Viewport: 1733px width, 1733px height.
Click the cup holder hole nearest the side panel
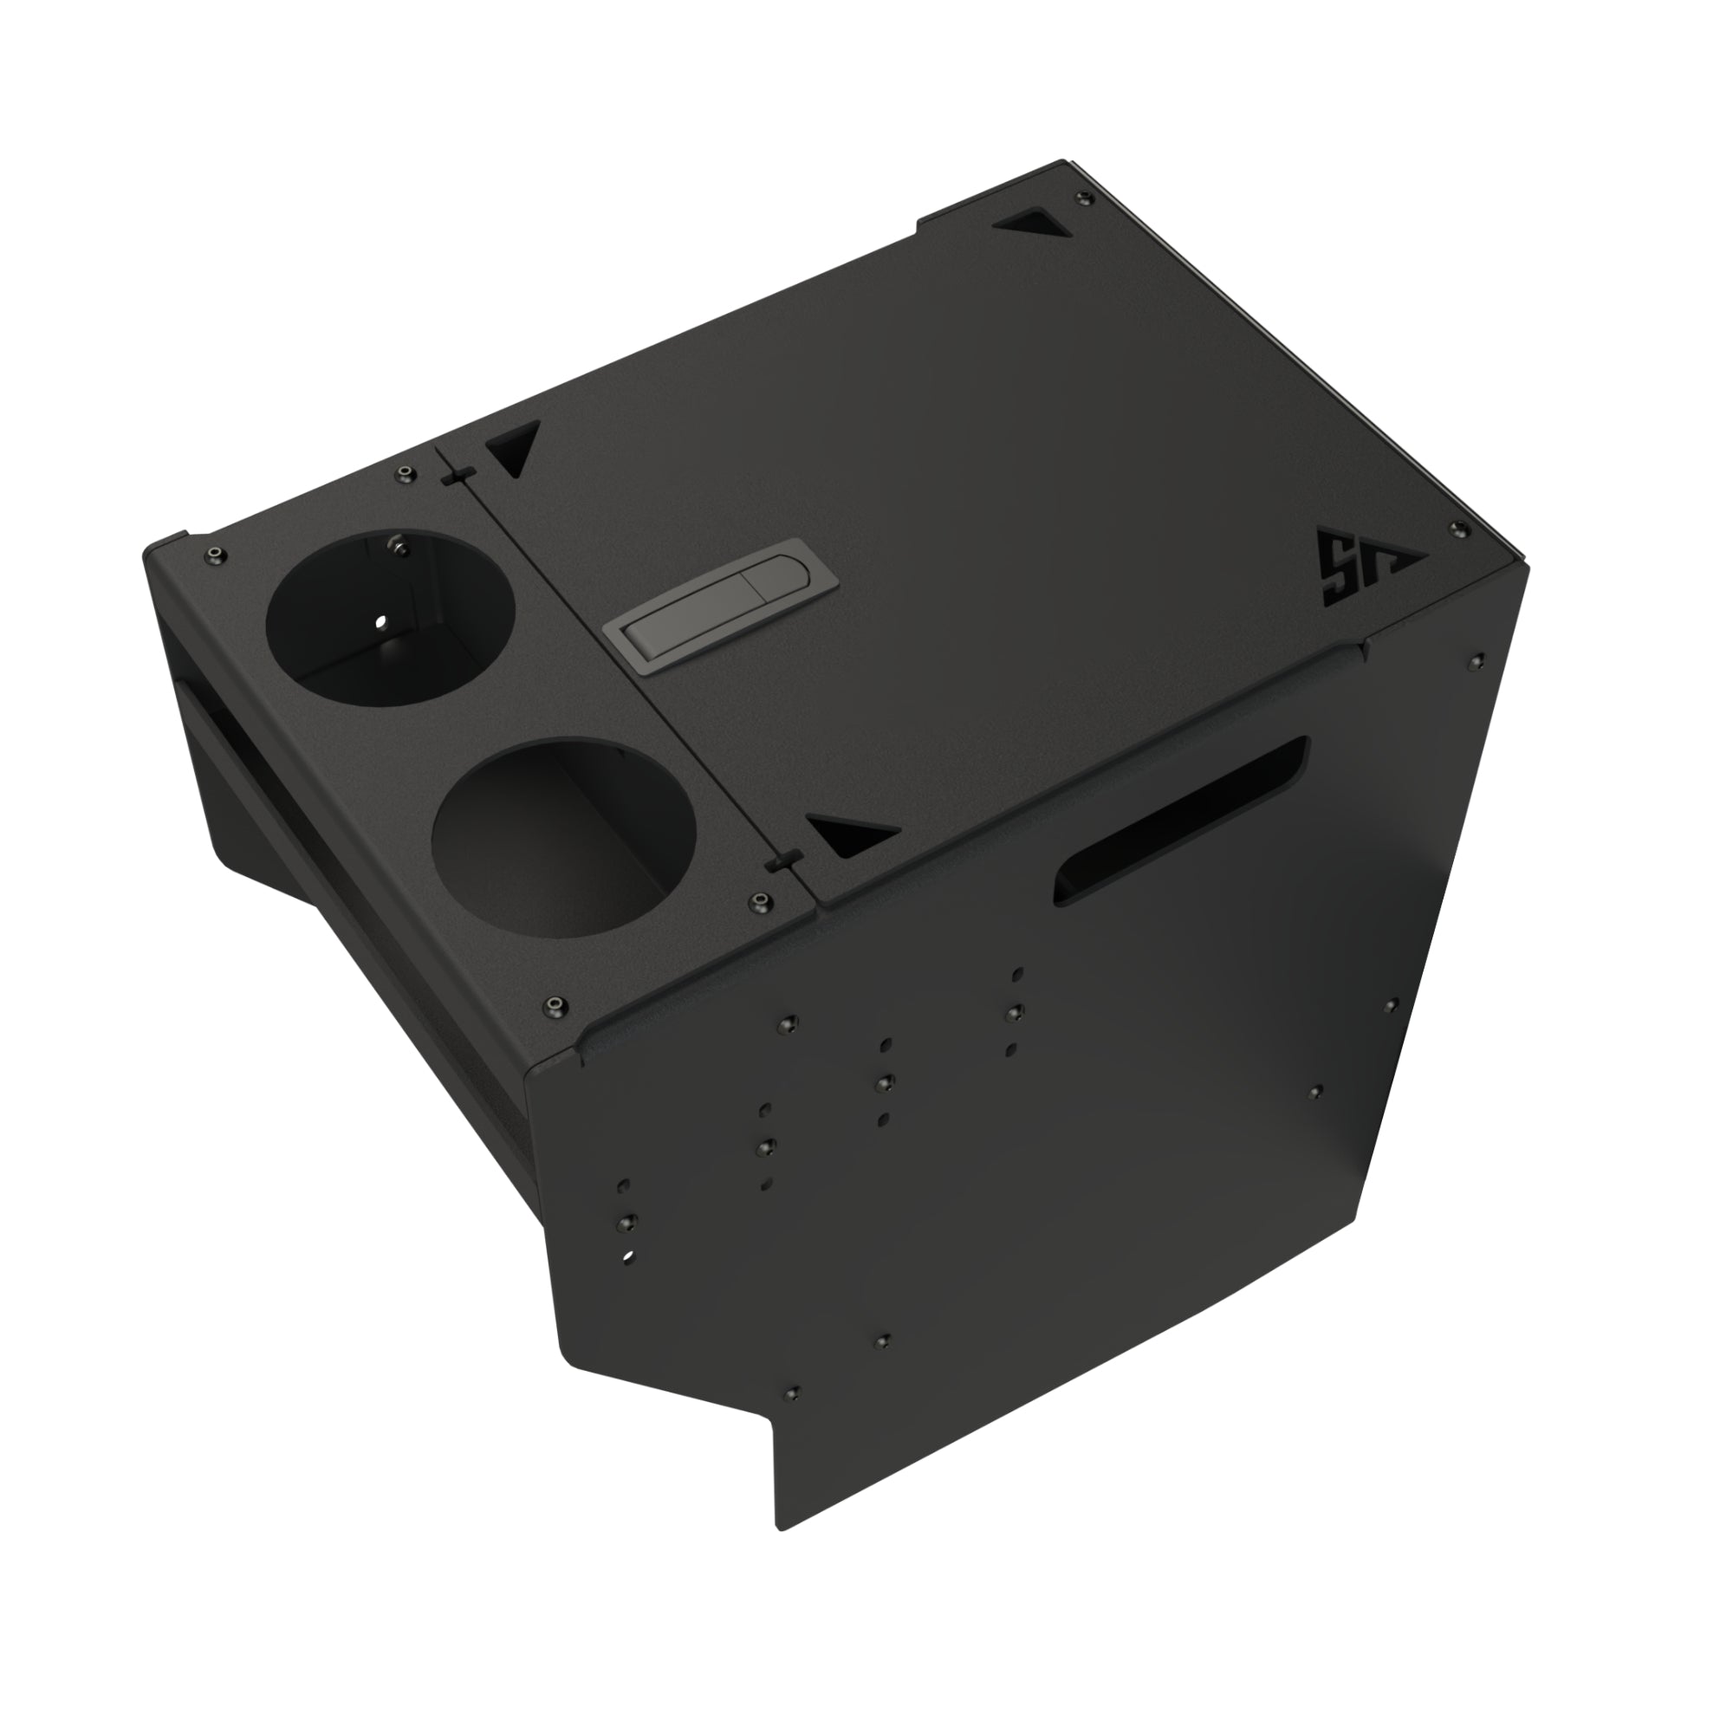coord(562,825)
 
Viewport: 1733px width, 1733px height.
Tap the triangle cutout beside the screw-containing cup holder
coord(512,448)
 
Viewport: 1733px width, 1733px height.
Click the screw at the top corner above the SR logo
coord(1456,528)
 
